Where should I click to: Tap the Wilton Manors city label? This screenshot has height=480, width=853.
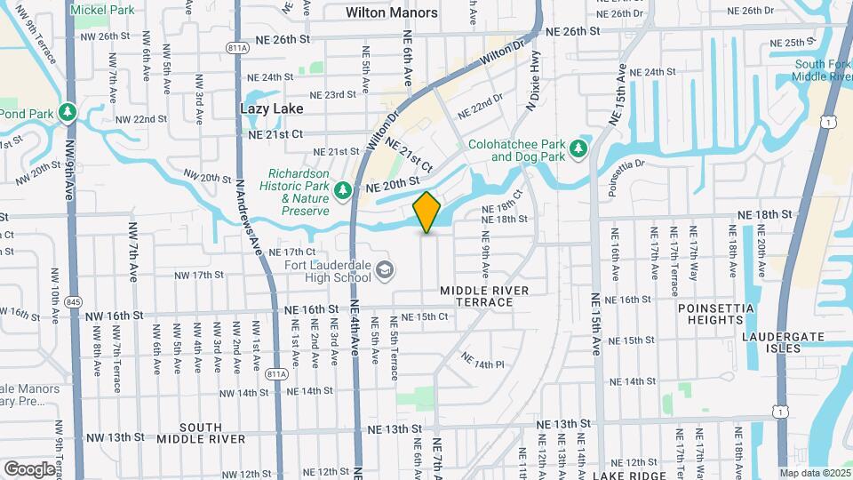392,12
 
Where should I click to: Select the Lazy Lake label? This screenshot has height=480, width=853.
271,108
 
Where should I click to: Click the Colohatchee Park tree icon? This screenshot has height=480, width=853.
579,148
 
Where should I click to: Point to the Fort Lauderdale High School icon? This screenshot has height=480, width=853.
384,269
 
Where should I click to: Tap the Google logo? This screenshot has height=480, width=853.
29,468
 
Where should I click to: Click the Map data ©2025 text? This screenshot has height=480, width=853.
812,473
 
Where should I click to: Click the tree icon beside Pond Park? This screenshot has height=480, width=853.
67,113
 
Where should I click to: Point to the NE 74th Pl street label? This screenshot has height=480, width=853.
482,361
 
